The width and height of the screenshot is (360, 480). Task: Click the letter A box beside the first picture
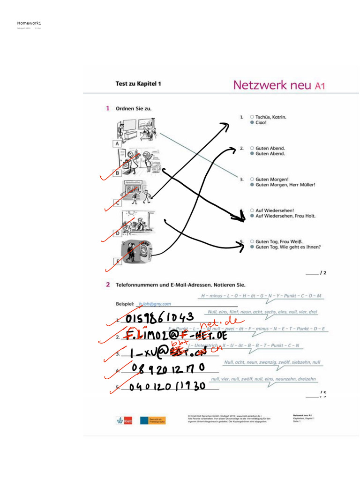(x=117, y=143)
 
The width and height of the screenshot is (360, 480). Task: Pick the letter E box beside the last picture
(x=118, y=262)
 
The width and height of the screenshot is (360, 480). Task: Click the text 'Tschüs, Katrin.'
(x=270, y=117)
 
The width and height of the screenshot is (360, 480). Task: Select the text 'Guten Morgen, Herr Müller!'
(x=285, y=185)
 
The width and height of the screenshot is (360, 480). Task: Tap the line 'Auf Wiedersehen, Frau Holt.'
(x=285, y=216)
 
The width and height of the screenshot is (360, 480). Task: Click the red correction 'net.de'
(x=219, y=323)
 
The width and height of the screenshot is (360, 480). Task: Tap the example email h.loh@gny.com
(x=155, y=304)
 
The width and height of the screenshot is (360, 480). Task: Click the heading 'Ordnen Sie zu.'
(x=134, y=108)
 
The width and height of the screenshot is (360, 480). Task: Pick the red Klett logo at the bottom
(x=125, y=420)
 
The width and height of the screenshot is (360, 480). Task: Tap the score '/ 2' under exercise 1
(x=322, y=272)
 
